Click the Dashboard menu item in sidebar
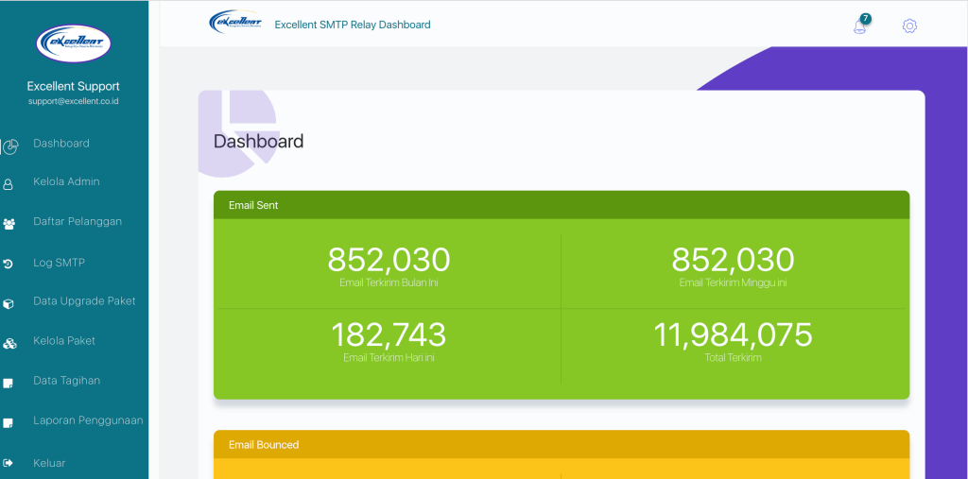(61, 144)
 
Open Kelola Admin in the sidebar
(66, 181)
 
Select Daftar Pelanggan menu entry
(77, 221)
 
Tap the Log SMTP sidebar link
(59, 263)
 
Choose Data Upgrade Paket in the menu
(84, 301)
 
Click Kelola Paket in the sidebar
(64, 341)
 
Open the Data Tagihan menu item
(66, 381)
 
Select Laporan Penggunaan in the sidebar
(88, 420)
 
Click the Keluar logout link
(50, 463)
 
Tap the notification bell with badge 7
(860, 26)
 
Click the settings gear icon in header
(909, 26)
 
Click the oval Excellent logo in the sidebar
(74, 43)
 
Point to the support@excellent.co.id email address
(74, 101)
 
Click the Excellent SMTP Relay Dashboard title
(352, 25)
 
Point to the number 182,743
(389, 334)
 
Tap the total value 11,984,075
(733, 334)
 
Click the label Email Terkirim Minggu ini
(733, 282)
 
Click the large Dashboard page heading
(258, 142)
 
